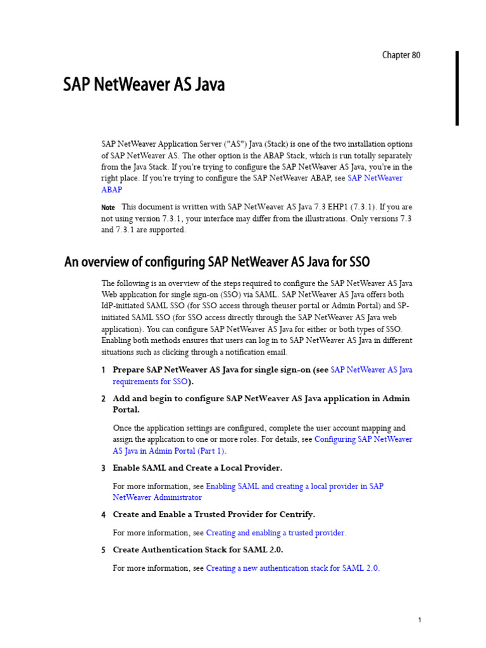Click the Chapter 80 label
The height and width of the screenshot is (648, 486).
coord(401,55)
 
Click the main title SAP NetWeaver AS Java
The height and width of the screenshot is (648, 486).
coord(144,85)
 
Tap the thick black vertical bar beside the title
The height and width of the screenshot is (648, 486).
coord(457,88)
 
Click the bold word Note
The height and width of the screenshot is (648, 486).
coord(108,208)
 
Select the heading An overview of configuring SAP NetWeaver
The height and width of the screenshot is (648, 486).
coord(217,262)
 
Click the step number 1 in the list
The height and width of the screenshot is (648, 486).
coord(103,370)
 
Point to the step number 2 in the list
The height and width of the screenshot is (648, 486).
coord(103,399)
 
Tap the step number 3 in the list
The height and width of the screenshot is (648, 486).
coord(103,468)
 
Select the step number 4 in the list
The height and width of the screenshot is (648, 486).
coord(103,515)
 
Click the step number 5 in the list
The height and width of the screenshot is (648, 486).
coord(103,551)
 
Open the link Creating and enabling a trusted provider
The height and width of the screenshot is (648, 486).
coord(276,533)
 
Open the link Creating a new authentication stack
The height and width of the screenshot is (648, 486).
coord(292,568)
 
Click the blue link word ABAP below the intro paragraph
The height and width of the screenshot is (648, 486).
coord(112,190)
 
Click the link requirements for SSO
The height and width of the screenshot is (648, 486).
coord(150,382)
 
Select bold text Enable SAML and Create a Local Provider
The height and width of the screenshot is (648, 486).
coord(197,468)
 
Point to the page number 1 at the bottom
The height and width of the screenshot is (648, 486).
coord(420,620)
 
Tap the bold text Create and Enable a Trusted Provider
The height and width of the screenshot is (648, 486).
coord(214,514)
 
